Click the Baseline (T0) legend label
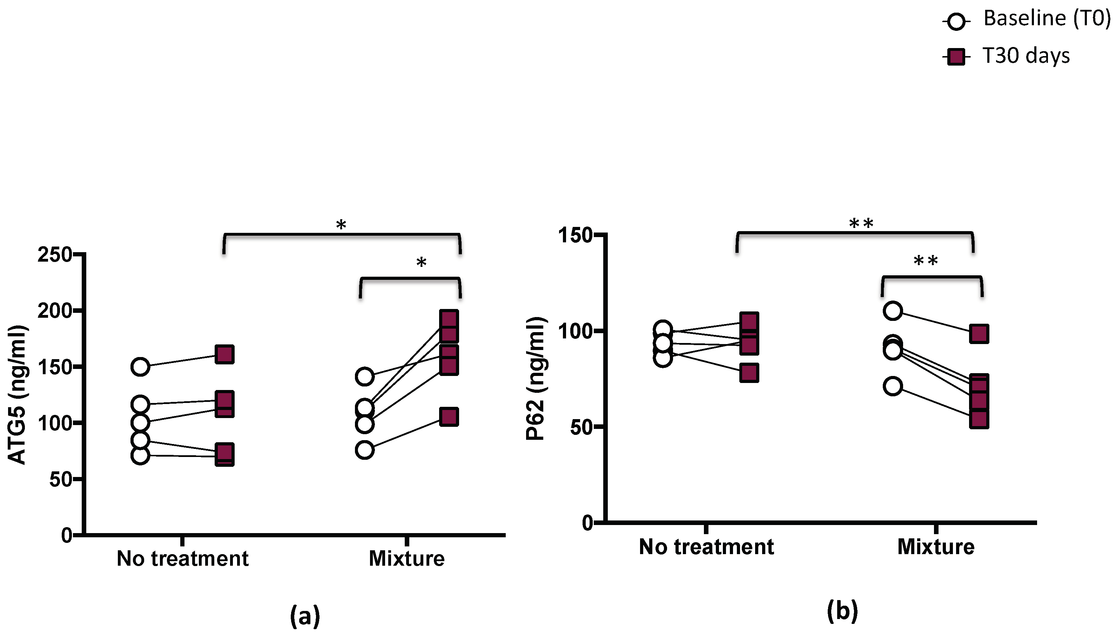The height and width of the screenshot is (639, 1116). click(1047, 19)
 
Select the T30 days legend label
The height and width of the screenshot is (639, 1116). click(1026, 56)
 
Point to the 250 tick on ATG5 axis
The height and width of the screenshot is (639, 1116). click(55, 255)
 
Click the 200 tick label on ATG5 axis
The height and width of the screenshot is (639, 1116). click(55, 311)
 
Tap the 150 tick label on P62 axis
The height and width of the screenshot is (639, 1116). click(575, 235)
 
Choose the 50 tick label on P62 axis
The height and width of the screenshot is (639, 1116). click(582, 427)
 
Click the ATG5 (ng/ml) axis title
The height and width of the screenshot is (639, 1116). click(18, 395)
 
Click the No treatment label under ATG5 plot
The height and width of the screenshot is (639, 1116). click(183, 559)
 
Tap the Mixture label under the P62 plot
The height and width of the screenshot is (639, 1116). click(936, 547)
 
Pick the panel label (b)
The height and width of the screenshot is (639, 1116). click(842, 611)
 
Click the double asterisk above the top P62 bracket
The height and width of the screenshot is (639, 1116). click(861, 224)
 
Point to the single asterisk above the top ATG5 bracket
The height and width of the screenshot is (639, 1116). click(341, 226)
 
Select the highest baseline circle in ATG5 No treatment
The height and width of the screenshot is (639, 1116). click(140, 366)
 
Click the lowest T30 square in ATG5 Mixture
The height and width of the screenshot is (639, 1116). click(449, 417)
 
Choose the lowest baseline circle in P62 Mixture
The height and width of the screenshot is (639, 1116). click(893, 386)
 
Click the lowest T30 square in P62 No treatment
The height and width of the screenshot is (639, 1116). click(749, 373)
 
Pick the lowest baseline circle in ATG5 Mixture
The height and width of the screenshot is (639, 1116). click(365, 450)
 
